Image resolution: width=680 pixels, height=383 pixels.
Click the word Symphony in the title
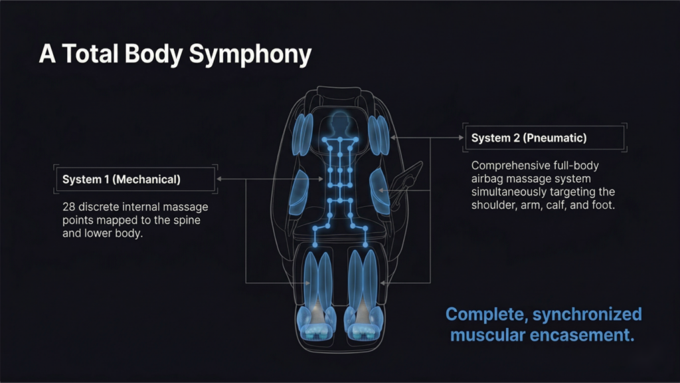[250, 55]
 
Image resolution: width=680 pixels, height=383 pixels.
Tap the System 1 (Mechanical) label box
[135, 180]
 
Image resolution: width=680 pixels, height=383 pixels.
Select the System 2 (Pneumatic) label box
[545, 138]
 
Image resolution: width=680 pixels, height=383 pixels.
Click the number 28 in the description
[68, 207]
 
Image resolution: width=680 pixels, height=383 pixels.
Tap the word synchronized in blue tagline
[587, 315]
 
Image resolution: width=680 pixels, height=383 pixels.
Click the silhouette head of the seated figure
[340, 121]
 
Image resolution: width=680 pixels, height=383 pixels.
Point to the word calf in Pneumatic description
[556, 205]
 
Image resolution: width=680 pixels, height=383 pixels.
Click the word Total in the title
[90, 54]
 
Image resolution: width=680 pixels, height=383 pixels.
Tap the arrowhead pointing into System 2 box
[462, 138]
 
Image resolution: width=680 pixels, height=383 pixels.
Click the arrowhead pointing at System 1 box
[219, 179]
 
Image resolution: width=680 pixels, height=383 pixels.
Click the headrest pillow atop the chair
[339, 91]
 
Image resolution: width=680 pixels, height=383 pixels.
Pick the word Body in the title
[153, 55]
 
